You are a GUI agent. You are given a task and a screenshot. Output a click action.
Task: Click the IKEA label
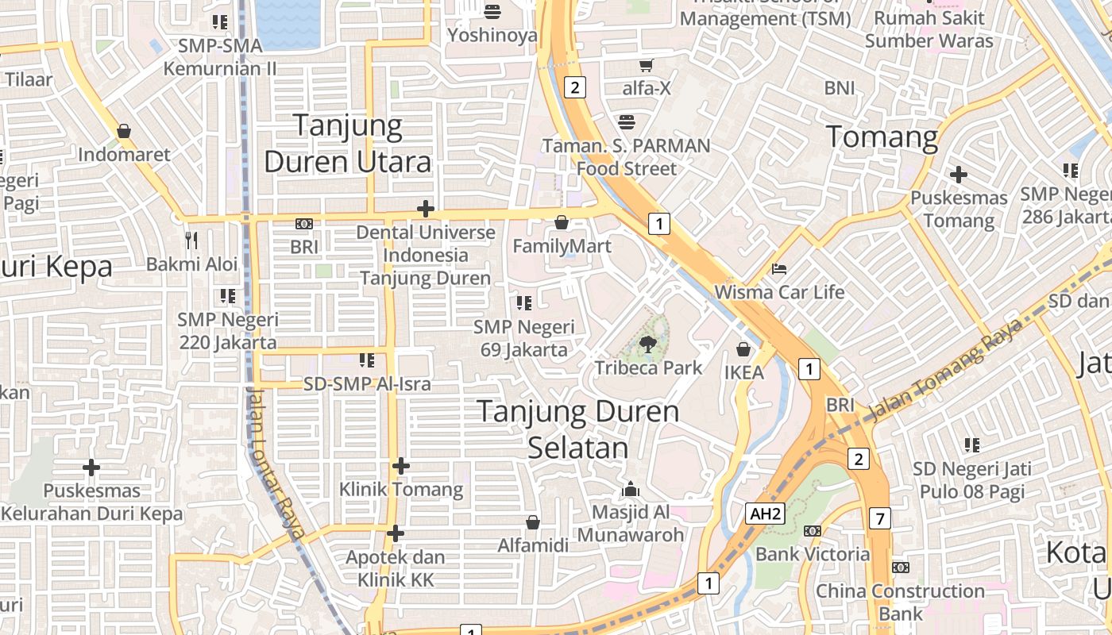pos(743,372)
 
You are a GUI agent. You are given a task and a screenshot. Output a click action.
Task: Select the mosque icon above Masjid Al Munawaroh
pos(631,488)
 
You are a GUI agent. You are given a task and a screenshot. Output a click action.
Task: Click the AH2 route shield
pos(766,514)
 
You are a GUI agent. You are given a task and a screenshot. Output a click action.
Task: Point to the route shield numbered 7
pos(879,518)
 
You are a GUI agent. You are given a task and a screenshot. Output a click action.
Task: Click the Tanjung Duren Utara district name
pos(348,144)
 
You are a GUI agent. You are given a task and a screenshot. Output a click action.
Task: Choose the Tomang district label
pos(882,137)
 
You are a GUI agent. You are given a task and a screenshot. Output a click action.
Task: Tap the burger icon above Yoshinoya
pos(492,12)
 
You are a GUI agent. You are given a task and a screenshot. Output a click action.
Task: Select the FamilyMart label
pos(562,246)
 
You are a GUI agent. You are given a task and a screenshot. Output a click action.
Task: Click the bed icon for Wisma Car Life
pos(779,269)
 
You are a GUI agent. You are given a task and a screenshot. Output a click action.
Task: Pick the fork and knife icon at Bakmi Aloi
pos(191,240)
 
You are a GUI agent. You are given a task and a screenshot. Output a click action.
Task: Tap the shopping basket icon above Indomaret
pos(124,130)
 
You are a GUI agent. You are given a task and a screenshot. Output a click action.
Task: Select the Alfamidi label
pos(533,545)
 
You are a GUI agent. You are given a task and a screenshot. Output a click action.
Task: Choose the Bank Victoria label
pos(812,553)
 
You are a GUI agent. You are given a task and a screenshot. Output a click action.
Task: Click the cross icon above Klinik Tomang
pos(401,465)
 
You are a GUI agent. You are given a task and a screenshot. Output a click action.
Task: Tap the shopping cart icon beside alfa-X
pos(647,65)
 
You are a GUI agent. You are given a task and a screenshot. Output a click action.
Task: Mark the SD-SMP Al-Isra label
pos(367,384)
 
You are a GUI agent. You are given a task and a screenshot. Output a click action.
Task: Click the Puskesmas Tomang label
pos(959,209)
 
